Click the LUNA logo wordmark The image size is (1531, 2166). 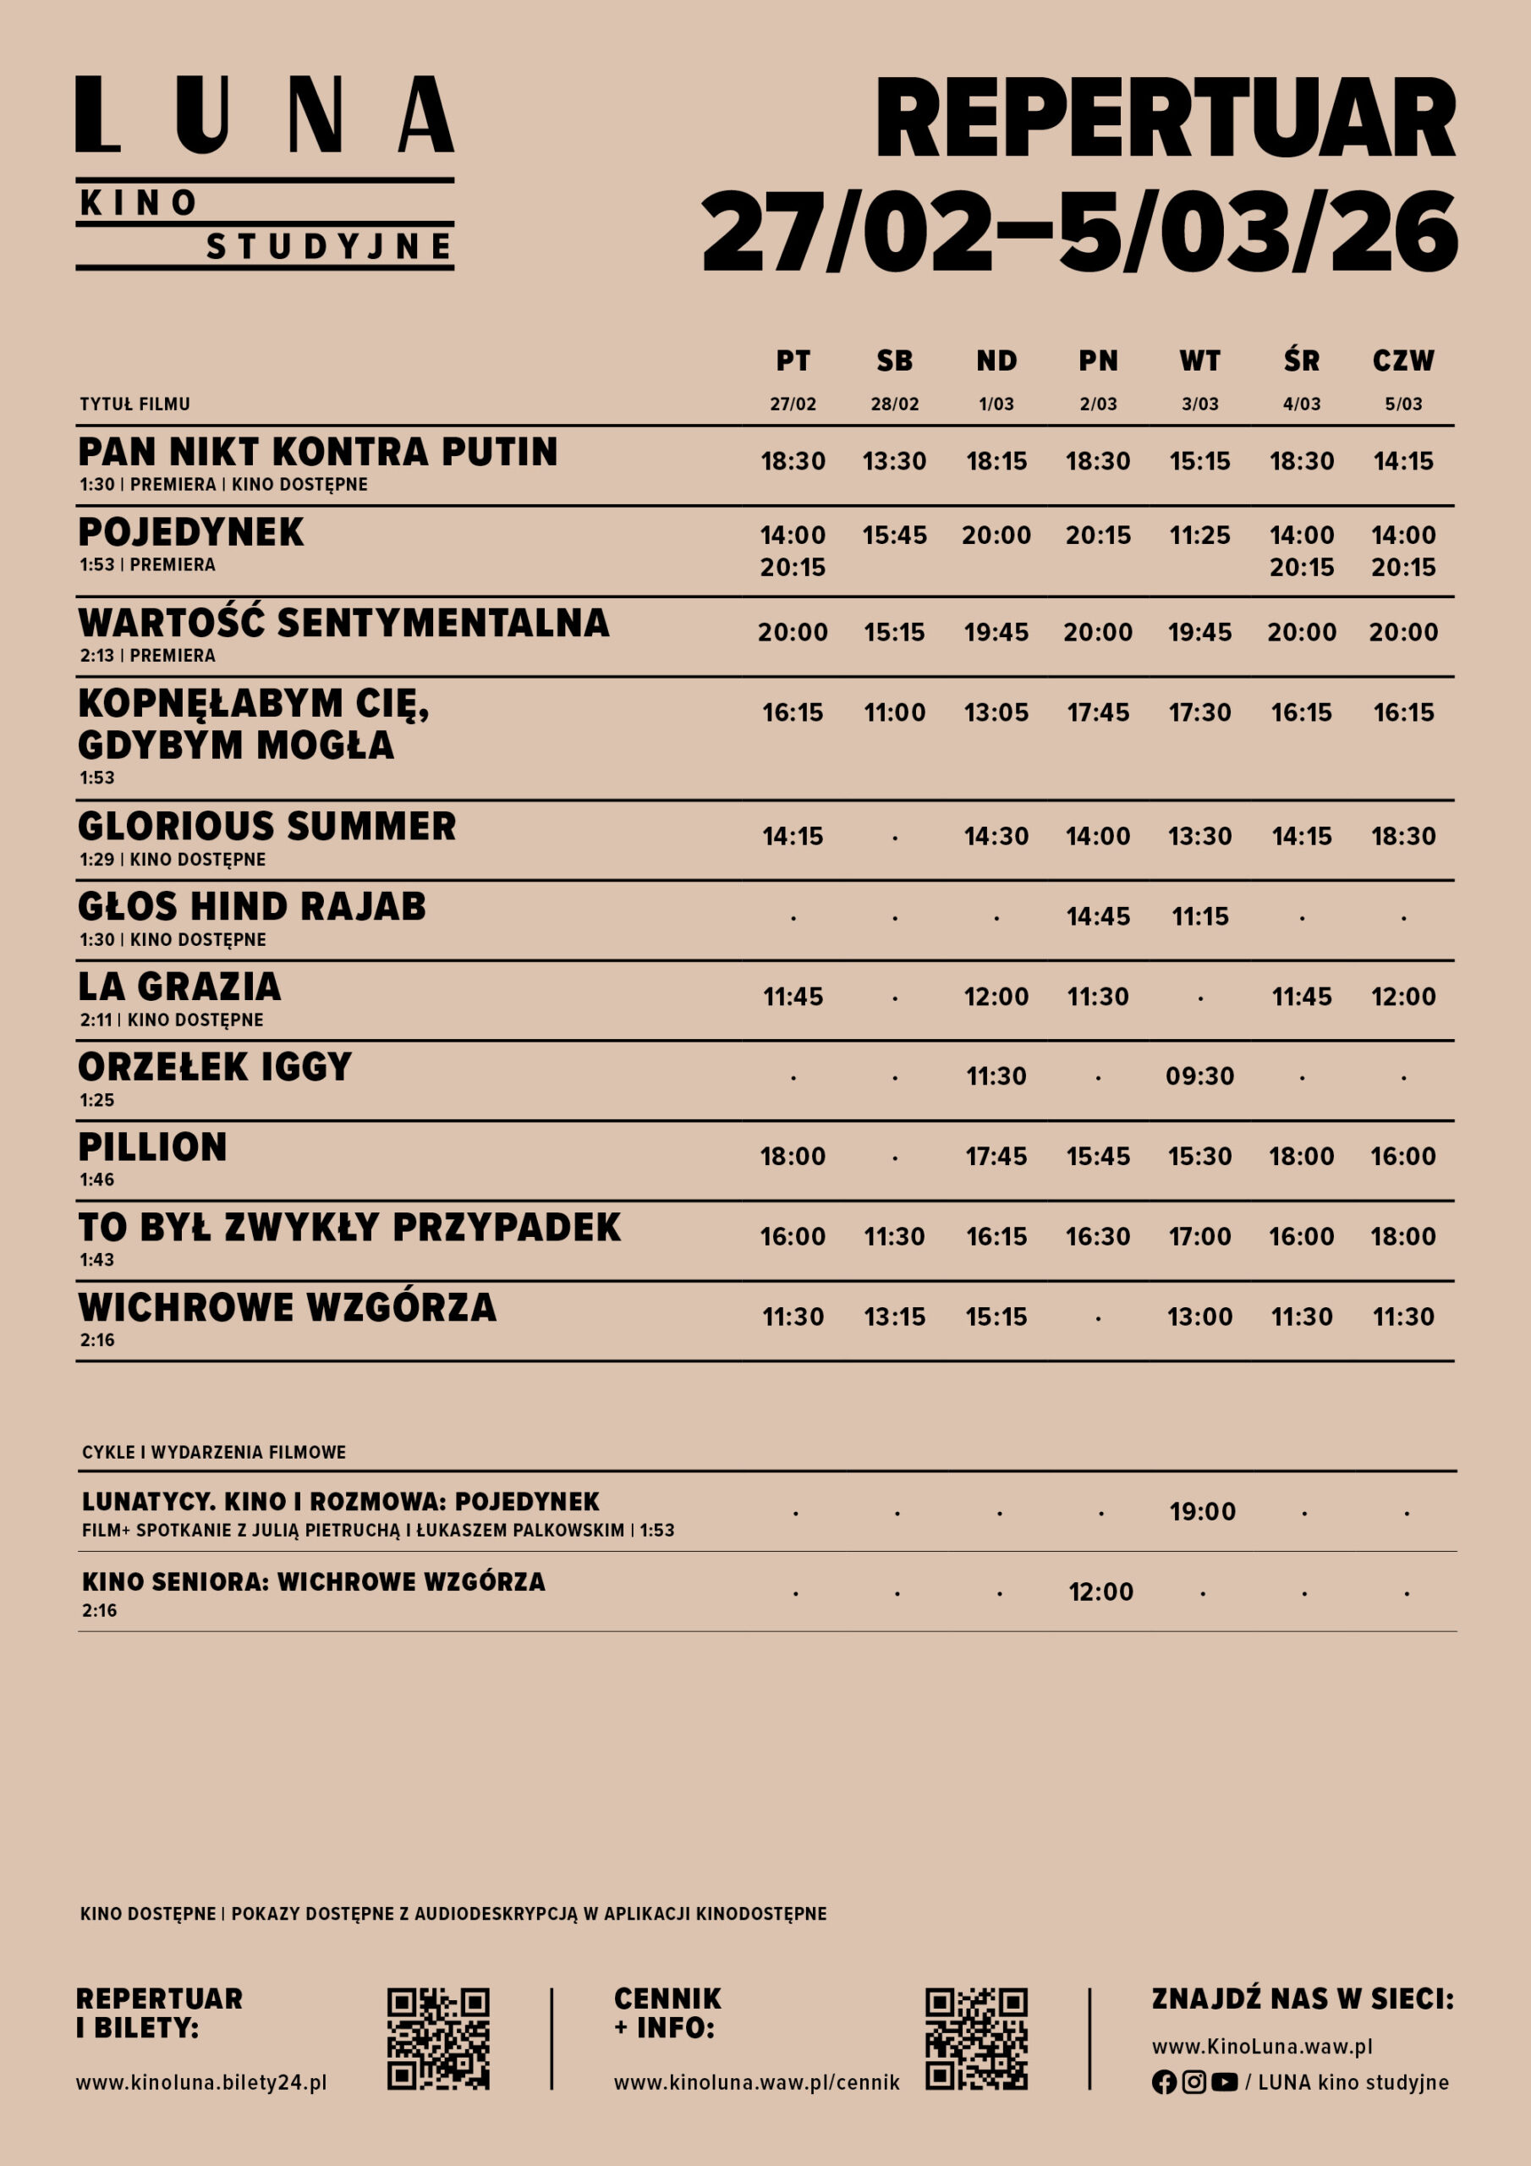coord(264,115)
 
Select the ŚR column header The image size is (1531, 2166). coord(1301,360)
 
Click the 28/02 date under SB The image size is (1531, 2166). coord(894,404)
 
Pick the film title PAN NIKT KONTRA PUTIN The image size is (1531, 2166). coord(318,452)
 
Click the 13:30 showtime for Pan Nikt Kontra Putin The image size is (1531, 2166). coord(894,461)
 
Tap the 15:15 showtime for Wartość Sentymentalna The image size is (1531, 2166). coord(894,632)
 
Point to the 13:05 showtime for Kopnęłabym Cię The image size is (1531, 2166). coord(996,712)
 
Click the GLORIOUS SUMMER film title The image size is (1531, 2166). coord(267,827)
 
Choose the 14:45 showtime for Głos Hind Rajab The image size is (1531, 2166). coord(1098,916)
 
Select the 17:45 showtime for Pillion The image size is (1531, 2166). coord(996,1157)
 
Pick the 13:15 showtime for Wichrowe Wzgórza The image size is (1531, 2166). coord(894,1317)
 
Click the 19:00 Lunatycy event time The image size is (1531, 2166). coord(1202,1512)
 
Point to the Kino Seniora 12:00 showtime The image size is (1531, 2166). coord(1100,1592)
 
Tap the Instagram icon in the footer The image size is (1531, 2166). coord(1194,2082)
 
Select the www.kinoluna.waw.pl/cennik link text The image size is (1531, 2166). coord(756,2083)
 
